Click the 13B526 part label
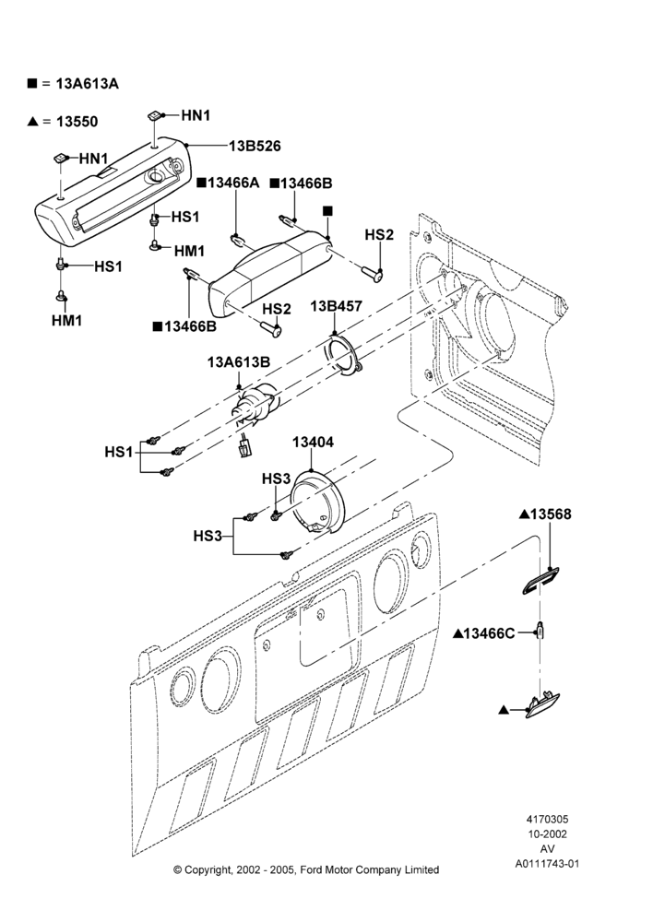255,146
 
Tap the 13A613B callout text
238,362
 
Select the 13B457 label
336,306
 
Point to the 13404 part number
313,443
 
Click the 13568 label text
551,514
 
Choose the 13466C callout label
489,633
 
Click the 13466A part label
233,183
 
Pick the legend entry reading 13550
77,122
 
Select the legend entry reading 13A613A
87,84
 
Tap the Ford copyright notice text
306,869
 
